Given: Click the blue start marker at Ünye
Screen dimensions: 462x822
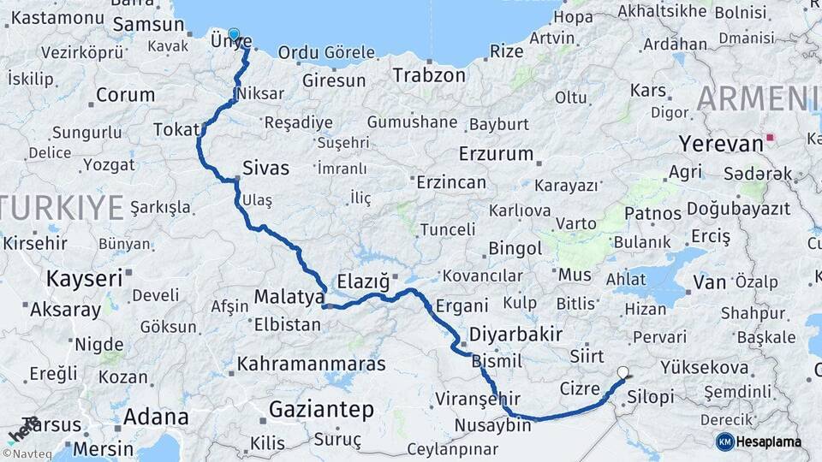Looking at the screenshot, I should coord(234,35).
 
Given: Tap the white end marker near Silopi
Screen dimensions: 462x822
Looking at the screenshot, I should coord(623,373).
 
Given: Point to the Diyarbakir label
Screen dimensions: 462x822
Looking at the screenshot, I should coord(515,334).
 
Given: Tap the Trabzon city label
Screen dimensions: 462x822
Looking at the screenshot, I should coord(429,75).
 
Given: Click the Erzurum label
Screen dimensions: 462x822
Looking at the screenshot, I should coord(496,154).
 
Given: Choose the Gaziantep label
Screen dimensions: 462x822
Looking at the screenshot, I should coord(321,410).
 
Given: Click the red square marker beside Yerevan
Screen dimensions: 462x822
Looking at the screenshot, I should coord(771,137).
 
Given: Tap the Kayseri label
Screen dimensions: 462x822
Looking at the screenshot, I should coord(84,279).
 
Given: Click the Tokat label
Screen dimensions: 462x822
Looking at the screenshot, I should coord(176,129).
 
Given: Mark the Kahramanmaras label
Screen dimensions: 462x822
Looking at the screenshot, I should coord(312,364).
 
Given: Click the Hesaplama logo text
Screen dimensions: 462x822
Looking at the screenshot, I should coord(770,441).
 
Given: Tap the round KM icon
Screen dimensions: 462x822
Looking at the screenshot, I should coord(724,441).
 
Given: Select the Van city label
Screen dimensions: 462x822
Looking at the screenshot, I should coord(710,281).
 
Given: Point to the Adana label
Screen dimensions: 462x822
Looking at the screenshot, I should coord(156,418).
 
